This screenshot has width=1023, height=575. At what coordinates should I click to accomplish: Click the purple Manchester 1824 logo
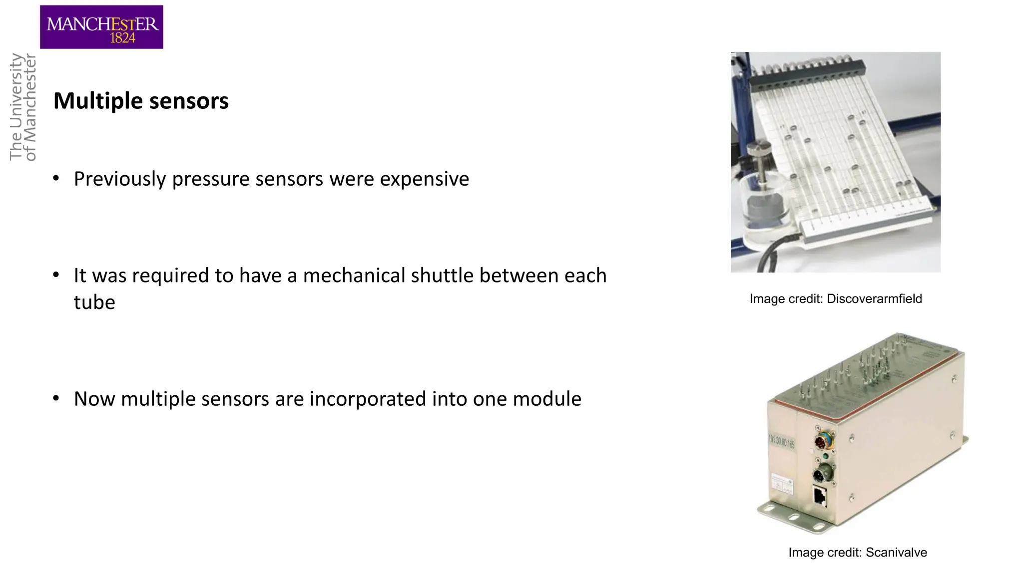(101, 27)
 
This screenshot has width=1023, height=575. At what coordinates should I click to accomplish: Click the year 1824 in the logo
(122, 38)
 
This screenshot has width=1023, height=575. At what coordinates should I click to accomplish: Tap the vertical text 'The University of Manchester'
(23, 107)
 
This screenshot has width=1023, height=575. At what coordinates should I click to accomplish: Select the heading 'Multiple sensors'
(141, 101)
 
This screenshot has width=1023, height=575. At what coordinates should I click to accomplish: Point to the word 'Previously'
(120, 179)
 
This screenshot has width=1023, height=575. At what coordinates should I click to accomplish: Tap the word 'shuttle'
(442, 276)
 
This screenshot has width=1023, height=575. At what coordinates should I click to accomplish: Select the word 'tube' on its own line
(94, 302)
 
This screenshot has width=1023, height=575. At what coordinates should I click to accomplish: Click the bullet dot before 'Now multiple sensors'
(56, 398)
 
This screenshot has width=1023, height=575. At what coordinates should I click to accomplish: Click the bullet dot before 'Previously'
(56, 178)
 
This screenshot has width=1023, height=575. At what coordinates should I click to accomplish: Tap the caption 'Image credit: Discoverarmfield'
(836, 298)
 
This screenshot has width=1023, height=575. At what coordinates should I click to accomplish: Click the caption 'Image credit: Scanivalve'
(858, 552)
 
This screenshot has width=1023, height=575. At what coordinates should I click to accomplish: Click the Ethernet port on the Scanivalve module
(820, 496)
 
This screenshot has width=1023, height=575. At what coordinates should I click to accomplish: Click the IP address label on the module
(781, 442)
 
